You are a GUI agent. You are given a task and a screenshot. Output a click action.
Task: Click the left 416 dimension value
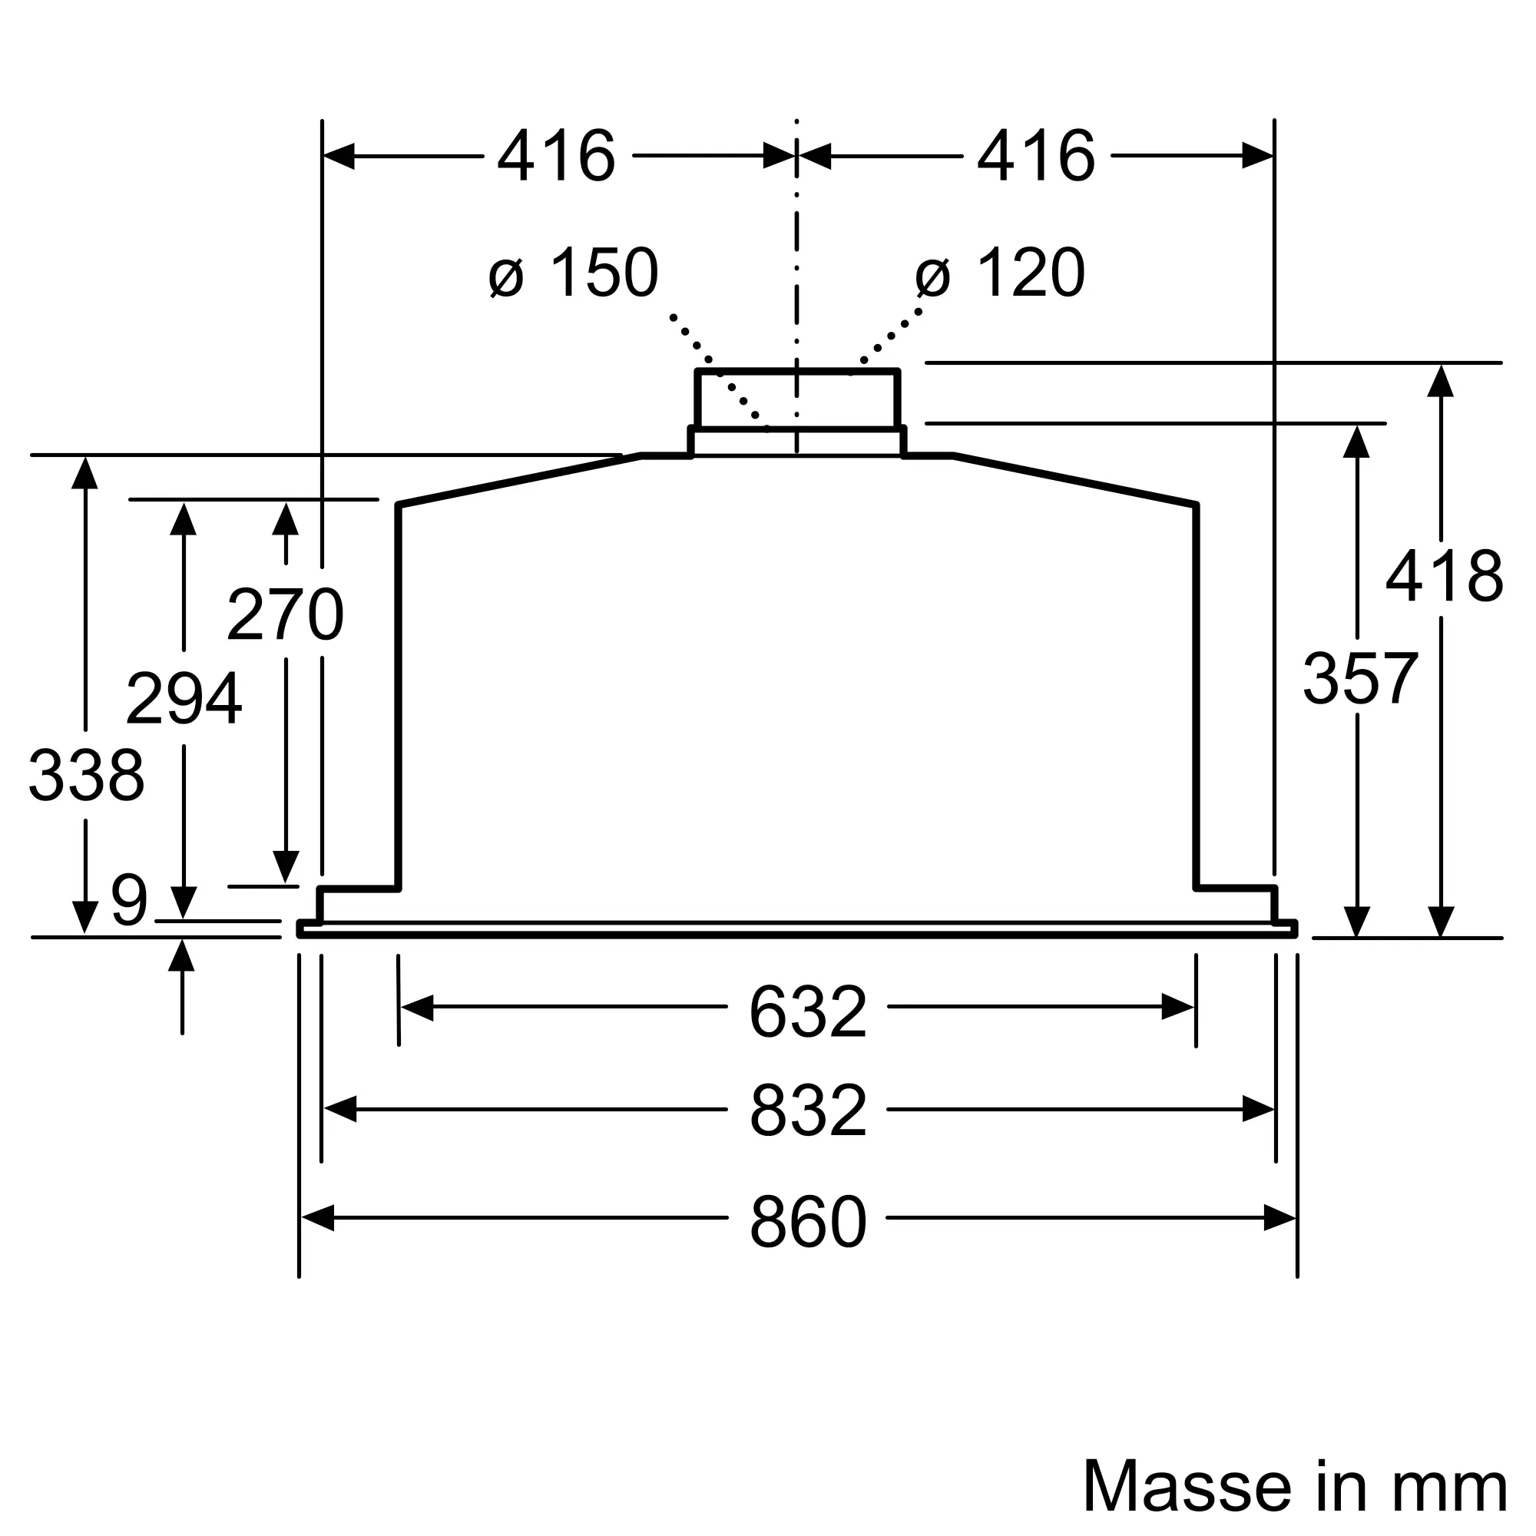556,156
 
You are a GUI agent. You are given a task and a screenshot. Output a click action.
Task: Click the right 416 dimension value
1035,156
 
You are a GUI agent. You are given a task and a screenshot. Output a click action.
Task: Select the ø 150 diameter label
573,272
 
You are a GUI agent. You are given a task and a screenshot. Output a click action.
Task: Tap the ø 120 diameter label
1000,272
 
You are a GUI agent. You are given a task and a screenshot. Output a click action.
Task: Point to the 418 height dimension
1444,575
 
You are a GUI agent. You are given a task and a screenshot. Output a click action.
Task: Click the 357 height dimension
1359,678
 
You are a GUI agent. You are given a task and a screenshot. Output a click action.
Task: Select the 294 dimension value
184,697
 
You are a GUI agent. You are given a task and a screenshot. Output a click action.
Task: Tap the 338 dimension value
86,774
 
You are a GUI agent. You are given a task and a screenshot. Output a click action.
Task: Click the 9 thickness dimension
129,899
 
